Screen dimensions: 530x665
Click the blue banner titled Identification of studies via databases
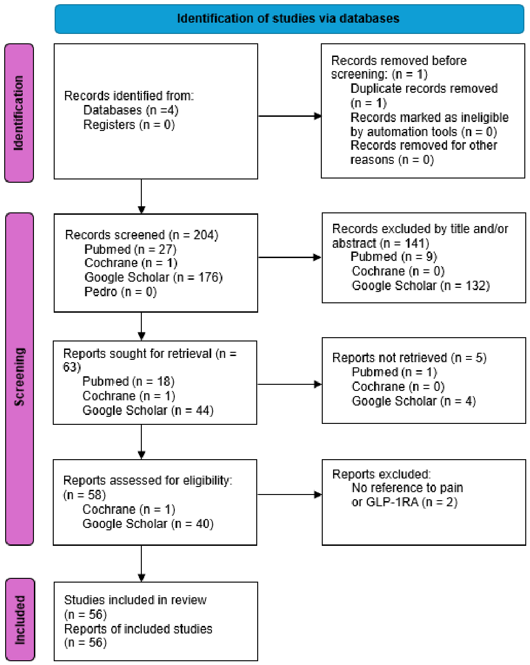[x=289, y=18]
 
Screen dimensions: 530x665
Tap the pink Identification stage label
[x=19, y=113]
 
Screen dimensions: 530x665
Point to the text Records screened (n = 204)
[x=142, y=235]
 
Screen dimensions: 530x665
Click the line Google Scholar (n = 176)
[x=154, y=277]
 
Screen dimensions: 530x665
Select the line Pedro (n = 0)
[x=121, y=292]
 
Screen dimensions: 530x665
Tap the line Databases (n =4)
[x=131, y=110]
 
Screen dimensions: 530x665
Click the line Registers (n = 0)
[x=129, y=125]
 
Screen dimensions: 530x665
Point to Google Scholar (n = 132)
[x=421, y=285]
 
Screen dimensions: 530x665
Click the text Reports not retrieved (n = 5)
[x=409, y=357]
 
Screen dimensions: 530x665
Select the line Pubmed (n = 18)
[x=128, y=381]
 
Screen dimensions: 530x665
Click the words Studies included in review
[x=135, y=600]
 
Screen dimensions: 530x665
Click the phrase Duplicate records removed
[x=424, y=89]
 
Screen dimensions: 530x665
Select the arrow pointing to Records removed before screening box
[x=289, y=116]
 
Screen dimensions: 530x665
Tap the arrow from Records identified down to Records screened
[x=141, y=196]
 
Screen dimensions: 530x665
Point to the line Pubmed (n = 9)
[x=394, y=257]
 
